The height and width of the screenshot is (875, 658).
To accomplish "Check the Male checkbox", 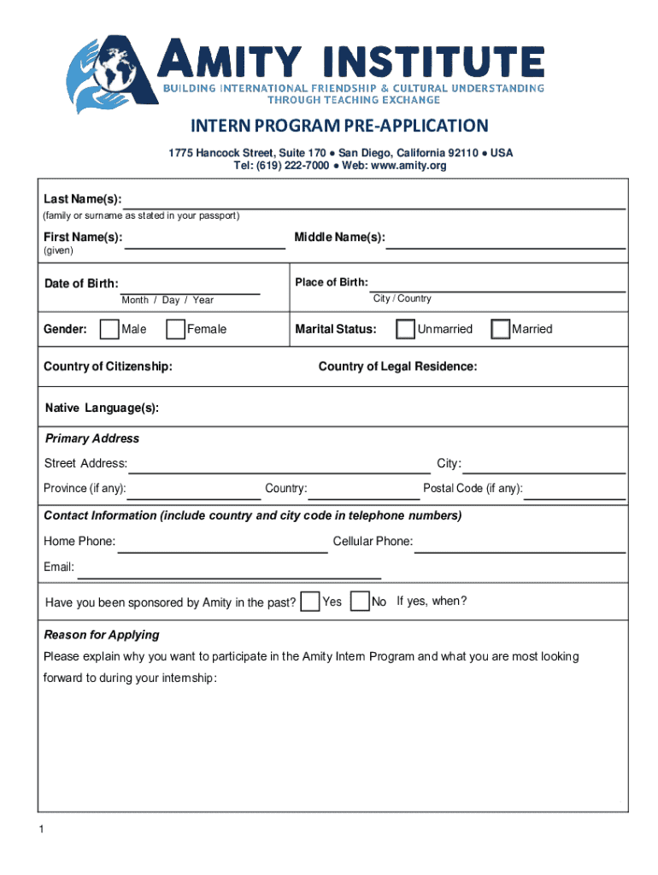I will pos(109,329).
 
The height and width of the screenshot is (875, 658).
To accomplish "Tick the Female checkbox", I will pos(175,329).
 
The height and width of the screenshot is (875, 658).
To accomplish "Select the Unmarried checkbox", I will pos(406,329).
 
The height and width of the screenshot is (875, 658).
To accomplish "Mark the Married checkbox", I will pos(500,329).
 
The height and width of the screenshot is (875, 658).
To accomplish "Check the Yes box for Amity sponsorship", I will pos(312,602).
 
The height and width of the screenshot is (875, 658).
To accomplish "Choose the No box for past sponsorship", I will pos(361,602).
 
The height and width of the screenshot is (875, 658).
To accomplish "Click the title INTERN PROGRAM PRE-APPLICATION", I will pos(339,126).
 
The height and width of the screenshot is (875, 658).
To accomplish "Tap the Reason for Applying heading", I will pos(102,635).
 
